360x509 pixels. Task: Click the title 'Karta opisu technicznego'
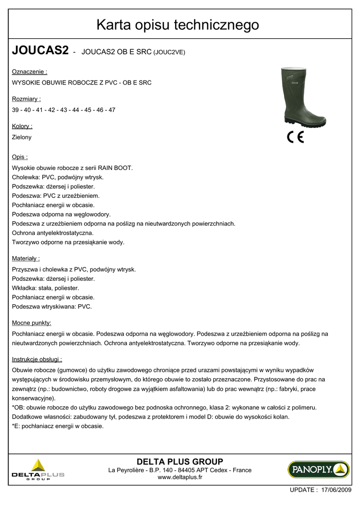click(178, 24)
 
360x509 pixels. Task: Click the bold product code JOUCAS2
click(40, 50)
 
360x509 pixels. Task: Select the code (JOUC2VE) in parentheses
click(170, 52)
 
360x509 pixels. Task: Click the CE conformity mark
click(295, 138)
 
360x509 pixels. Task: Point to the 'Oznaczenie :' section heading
click(29, 72)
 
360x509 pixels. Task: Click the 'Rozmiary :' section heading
click(26, 99)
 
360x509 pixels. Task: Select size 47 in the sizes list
click(112, 110)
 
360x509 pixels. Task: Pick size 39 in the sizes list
click(15, 110)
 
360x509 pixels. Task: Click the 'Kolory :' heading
click(22, 126)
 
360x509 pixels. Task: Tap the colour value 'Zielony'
click(22, 137)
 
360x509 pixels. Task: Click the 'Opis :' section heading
click(20, 157)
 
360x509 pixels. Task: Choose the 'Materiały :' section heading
click(26, 258)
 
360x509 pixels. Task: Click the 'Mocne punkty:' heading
click(32, 323)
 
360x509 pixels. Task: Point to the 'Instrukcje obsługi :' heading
click(37, 359)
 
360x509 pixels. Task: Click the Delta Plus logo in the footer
click(38, 470)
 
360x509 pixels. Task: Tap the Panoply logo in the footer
click(318, 469)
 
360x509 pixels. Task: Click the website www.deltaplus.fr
click(180, 477)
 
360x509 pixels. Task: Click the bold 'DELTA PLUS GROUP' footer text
click(180, 461)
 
